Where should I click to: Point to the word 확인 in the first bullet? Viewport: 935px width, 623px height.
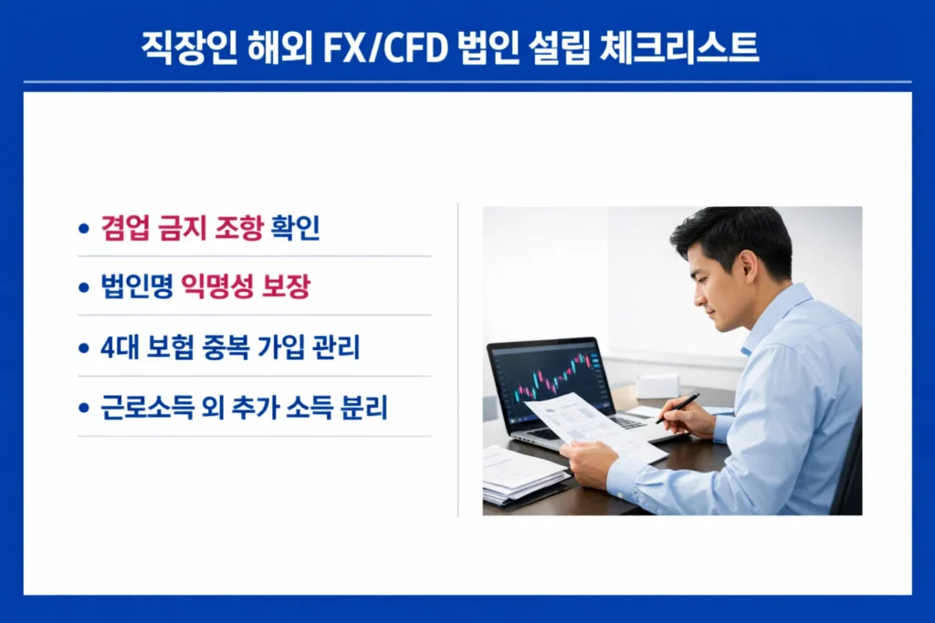296,229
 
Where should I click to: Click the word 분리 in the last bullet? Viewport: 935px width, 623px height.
364,408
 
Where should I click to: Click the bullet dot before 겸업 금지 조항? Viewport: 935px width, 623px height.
85,230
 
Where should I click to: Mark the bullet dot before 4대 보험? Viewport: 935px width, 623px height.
85,348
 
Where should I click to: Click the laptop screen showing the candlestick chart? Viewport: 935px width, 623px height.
549,379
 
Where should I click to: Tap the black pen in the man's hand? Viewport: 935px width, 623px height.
677,408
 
